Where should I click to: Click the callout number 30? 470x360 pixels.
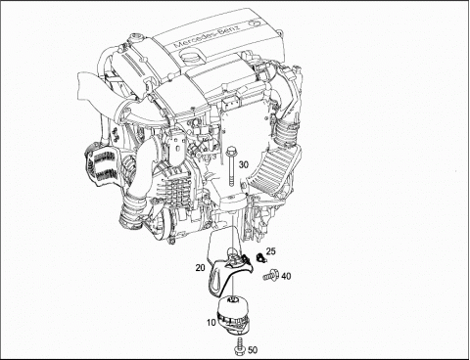[244, 164]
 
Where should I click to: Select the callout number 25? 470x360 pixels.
[270, 251]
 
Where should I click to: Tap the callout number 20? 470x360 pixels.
[201, 268]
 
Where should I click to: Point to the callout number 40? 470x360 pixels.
[286, 277]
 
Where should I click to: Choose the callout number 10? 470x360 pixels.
[211, 323]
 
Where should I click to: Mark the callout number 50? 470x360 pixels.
[253, 350]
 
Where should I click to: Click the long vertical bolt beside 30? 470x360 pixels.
[231, 166]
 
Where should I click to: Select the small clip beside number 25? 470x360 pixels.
[260, 257]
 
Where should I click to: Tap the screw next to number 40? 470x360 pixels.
[270, 276]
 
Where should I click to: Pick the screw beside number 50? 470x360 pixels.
[241, 345]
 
